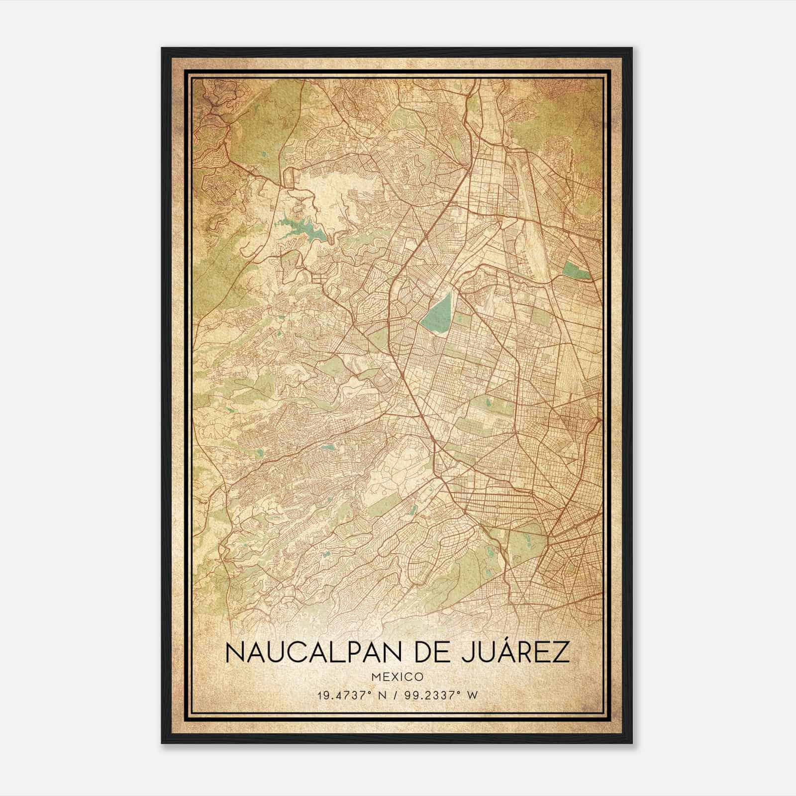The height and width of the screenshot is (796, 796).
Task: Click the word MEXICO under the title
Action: point(397,677)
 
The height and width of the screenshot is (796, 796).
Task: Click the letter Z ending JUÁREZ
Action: point(561,653)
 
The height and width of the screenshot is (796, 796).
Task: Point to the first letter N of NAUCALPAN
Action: point(235,653)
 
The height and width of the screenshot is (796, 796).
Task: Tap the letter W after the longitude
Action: point(474,696)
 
